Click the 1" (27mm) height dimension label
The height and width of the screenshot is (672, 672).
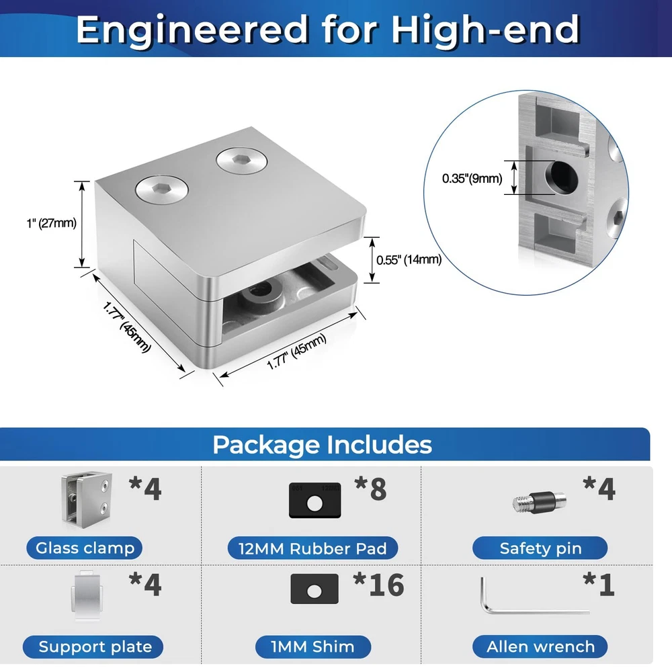pyautogui.click(x=52, y=223)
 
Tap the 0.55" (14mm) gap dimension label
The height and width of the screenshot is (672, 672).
pyautogui.click(x=409, y=259)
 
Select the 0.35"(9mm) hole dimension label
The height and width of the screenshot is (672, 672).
pyautogui.click(x=472, y=178)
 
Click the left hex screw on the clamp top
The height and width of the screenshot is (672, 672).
pyautogui.click(x=162, y=190)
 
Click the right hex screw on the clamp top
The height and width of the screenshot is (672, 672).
pyautogui.click(x=242, y=161)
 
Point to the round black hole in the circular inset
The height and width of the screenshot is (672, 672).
pyautogui.click(x=561, y=176)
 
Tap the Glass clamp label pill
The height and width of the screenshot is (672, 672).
pyautogui.click(x=85, y=548)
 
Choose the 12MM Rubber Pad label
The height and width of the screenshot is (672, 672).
pyautogui.click(x=312, y=548)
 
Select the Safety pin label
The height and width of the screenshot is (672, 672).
pyautogui.click(x=540, y=548)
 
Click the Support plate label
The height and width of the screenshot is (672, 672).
pyautogui.click(x=93, y=646)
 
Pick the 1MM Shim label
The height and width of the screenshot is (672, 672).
pyautogui.click(x=313, y=646)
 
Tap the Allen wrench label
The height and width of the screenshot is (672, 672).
pyautogui.click(x=540, y=646)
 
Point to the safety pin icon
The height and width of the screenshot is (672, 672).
pyautogui.click(x=539, y=502)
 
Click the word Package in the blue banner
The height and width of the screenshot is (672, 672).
pyautogui.click(x=266, y=446)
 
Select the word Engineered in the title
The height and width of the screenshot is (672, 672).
pyautogui.click(x=192, y=29)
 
